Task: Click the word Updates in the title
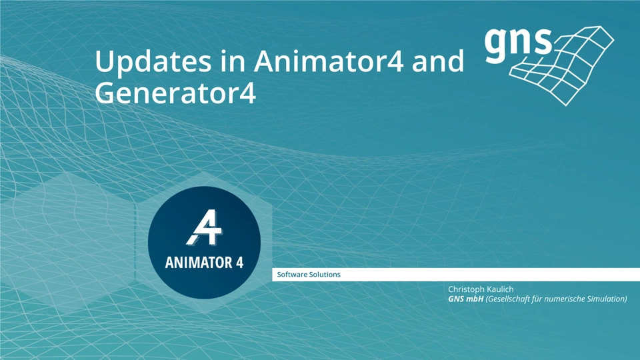click(153, 62)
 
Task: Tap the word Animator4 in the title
click(329, 61)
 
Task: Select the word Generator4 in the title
click(175, 93)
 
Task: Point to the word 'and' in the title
click(438, 61)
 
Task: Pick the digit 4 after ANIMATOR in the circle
click(239, 263)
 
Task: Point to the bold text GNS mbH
click(466, 299)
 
